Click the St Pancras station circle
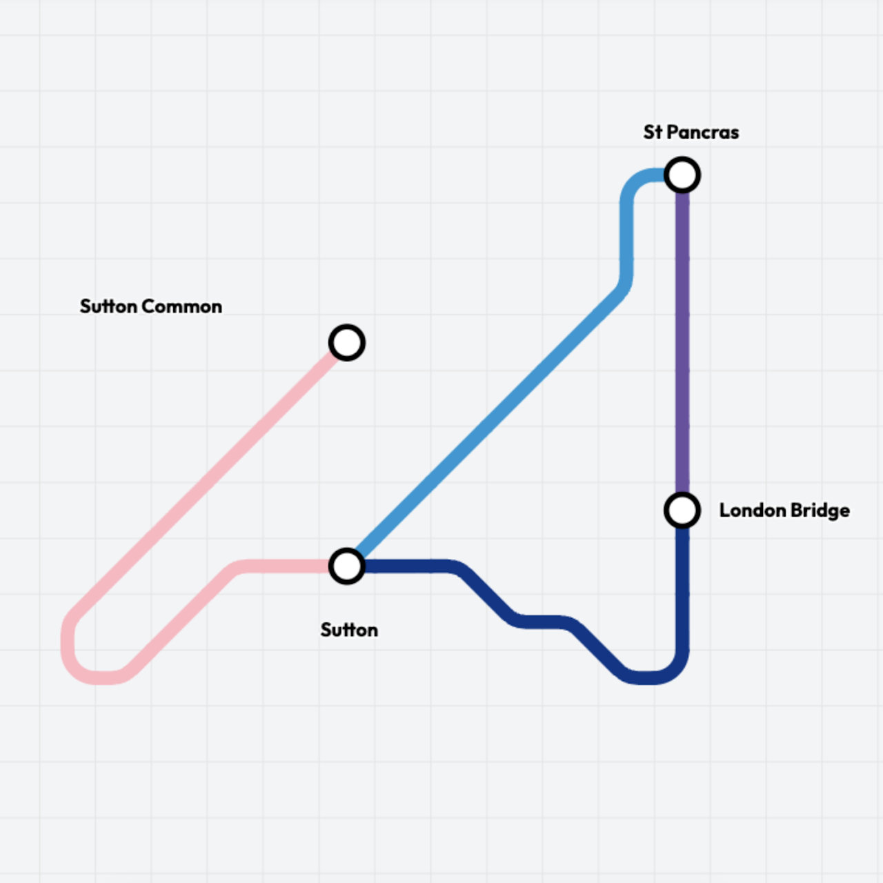coord(682,175)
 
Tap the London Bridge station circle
coord(682,510)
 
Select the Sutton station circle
coord(347,566)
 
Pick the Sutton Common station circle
coord(347,342)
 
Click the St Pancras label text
coord(691,132)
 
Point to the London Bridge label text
coord(784,510)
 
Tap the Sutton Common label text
coord(151,306)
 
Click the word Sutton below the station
coord(349,630)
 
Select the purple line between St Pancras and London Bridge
coord(682,342)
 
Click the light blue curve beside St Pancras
coord(635,183)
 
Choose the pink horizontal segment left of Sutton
coord(284,566)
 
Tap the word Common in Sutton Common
coord(182,306)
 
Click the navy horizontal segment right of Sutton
coord(408,566)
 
